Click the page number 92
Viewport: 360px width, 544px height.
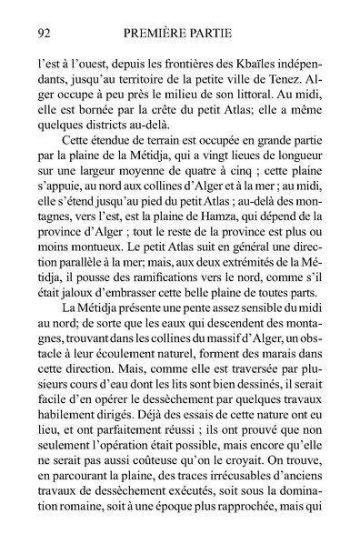(x=40, y=33)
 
